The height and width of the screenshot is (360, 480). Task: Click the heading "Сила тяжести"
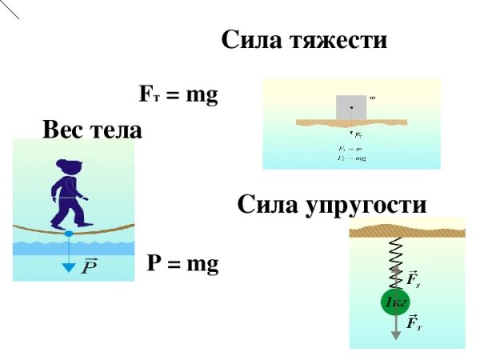tap(304, 40)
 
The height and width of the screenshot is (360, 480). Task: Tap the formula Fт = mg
tap(178, 96)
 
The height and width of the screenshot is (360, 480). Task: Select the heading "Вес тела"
tap(93, 130)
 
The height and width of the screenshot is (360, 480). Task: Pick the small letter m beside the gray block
tap(373, 98)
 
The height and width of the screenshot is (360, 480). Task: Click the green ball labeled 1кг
tap(395, 302)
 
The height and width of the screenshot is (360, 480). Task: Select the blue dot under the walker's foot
tap(68, 233)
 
